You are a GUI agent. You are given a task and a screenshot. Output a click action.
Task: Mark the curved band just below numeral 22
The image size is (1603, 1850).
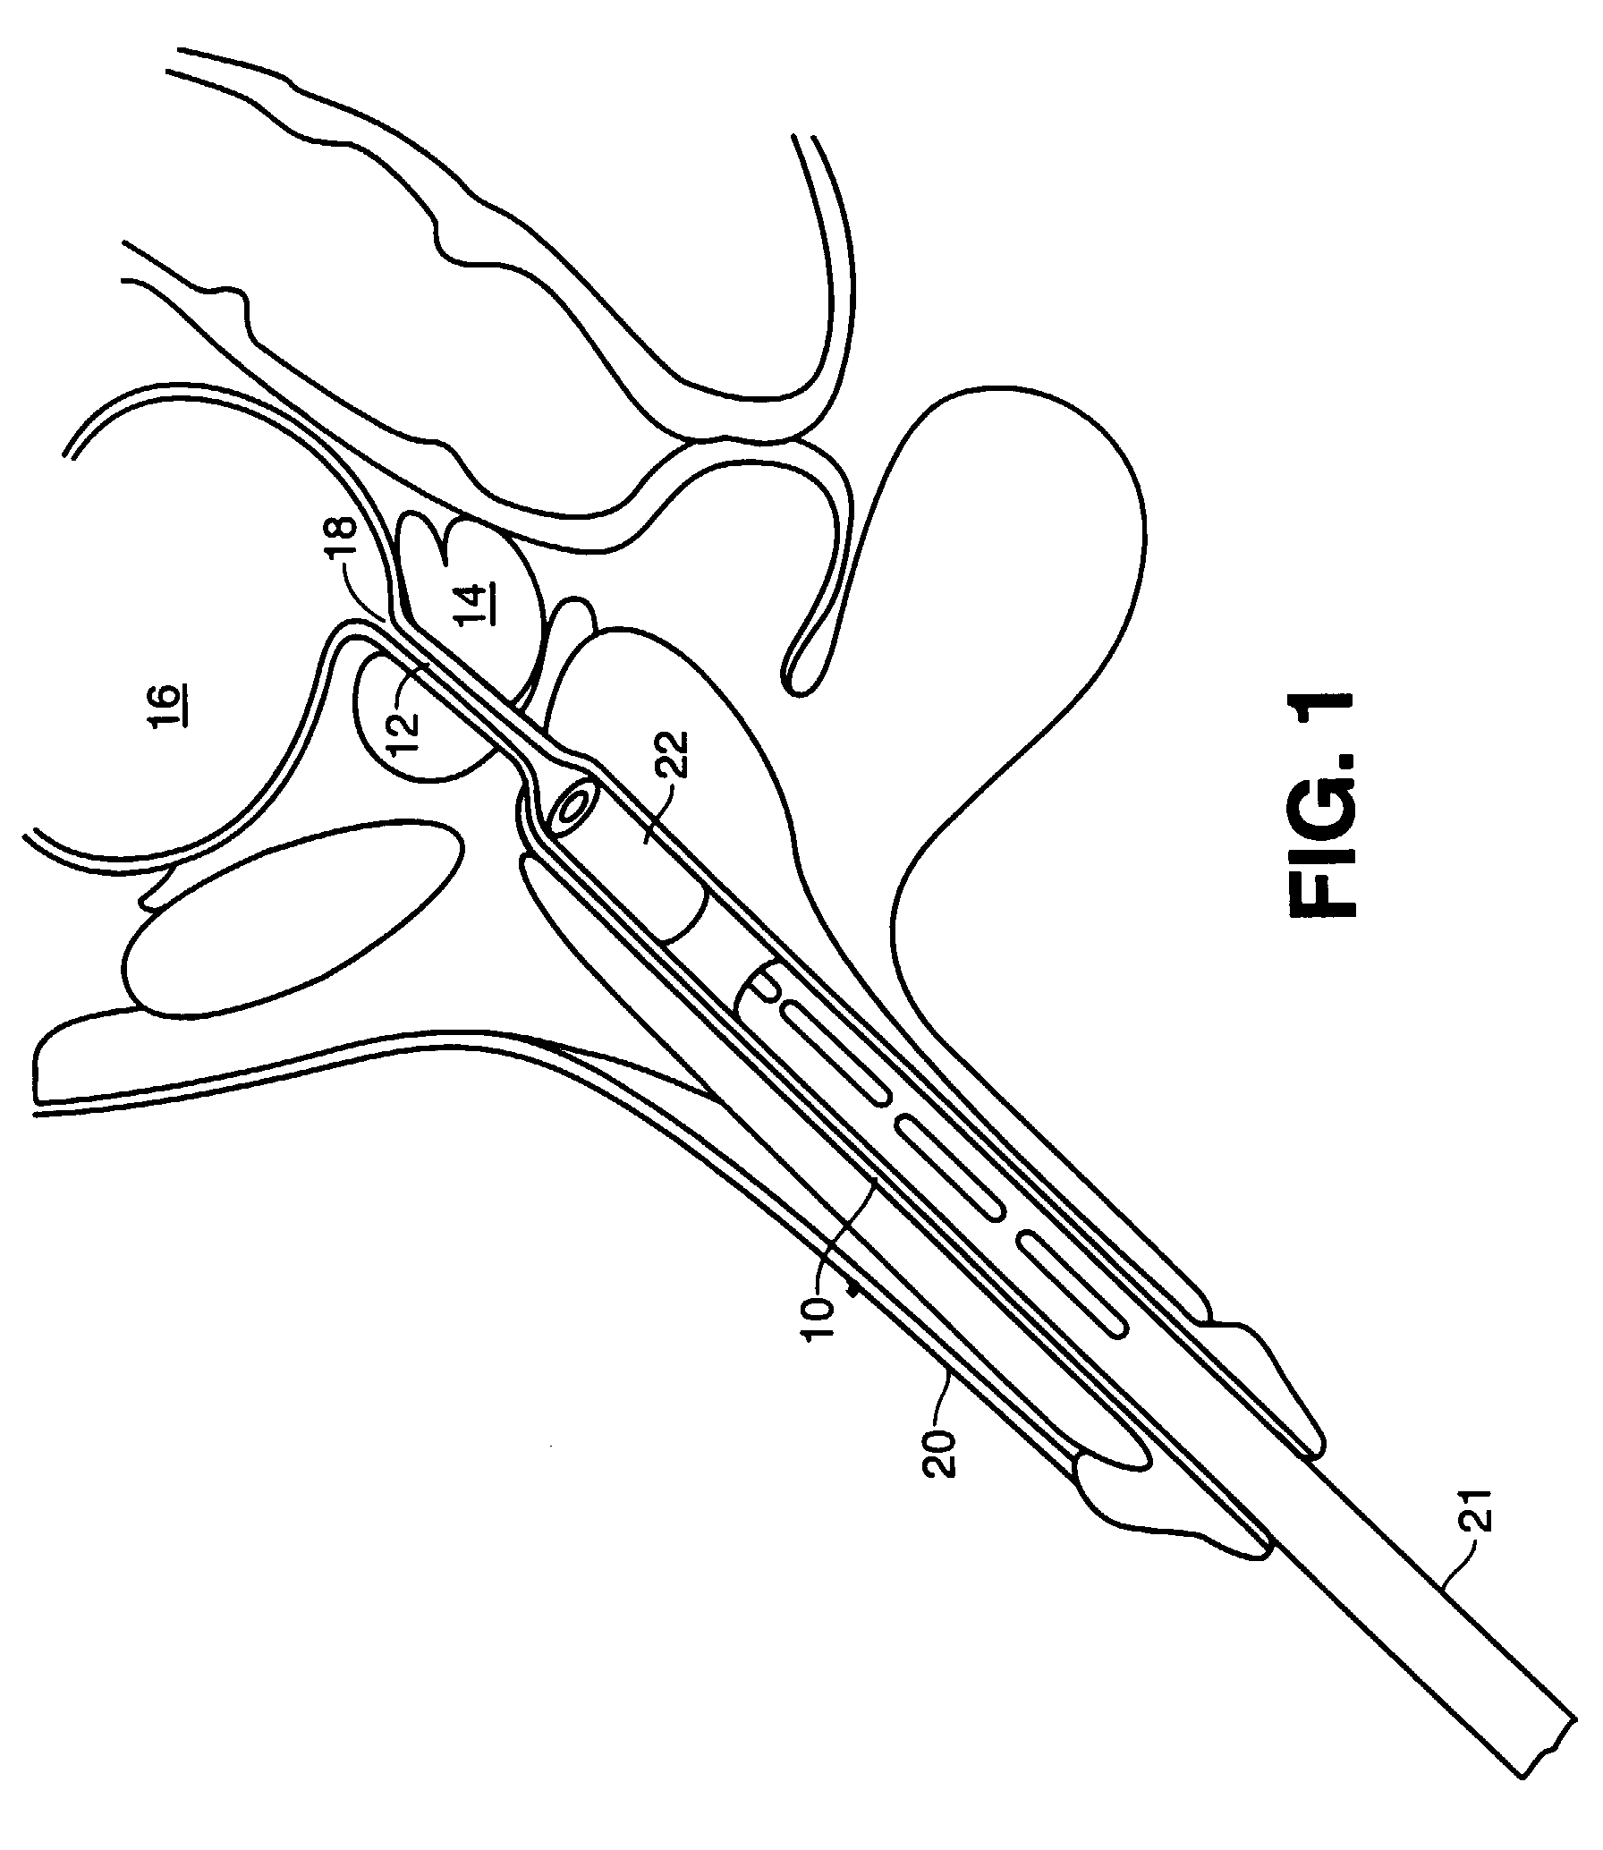point(687,913)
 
